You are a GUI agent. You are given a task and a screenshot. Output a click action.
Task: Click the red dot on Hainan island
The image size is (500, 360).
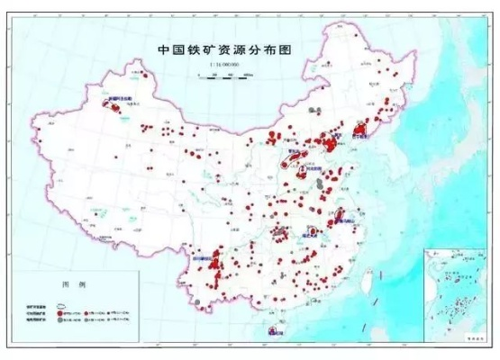pos(269,329)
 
